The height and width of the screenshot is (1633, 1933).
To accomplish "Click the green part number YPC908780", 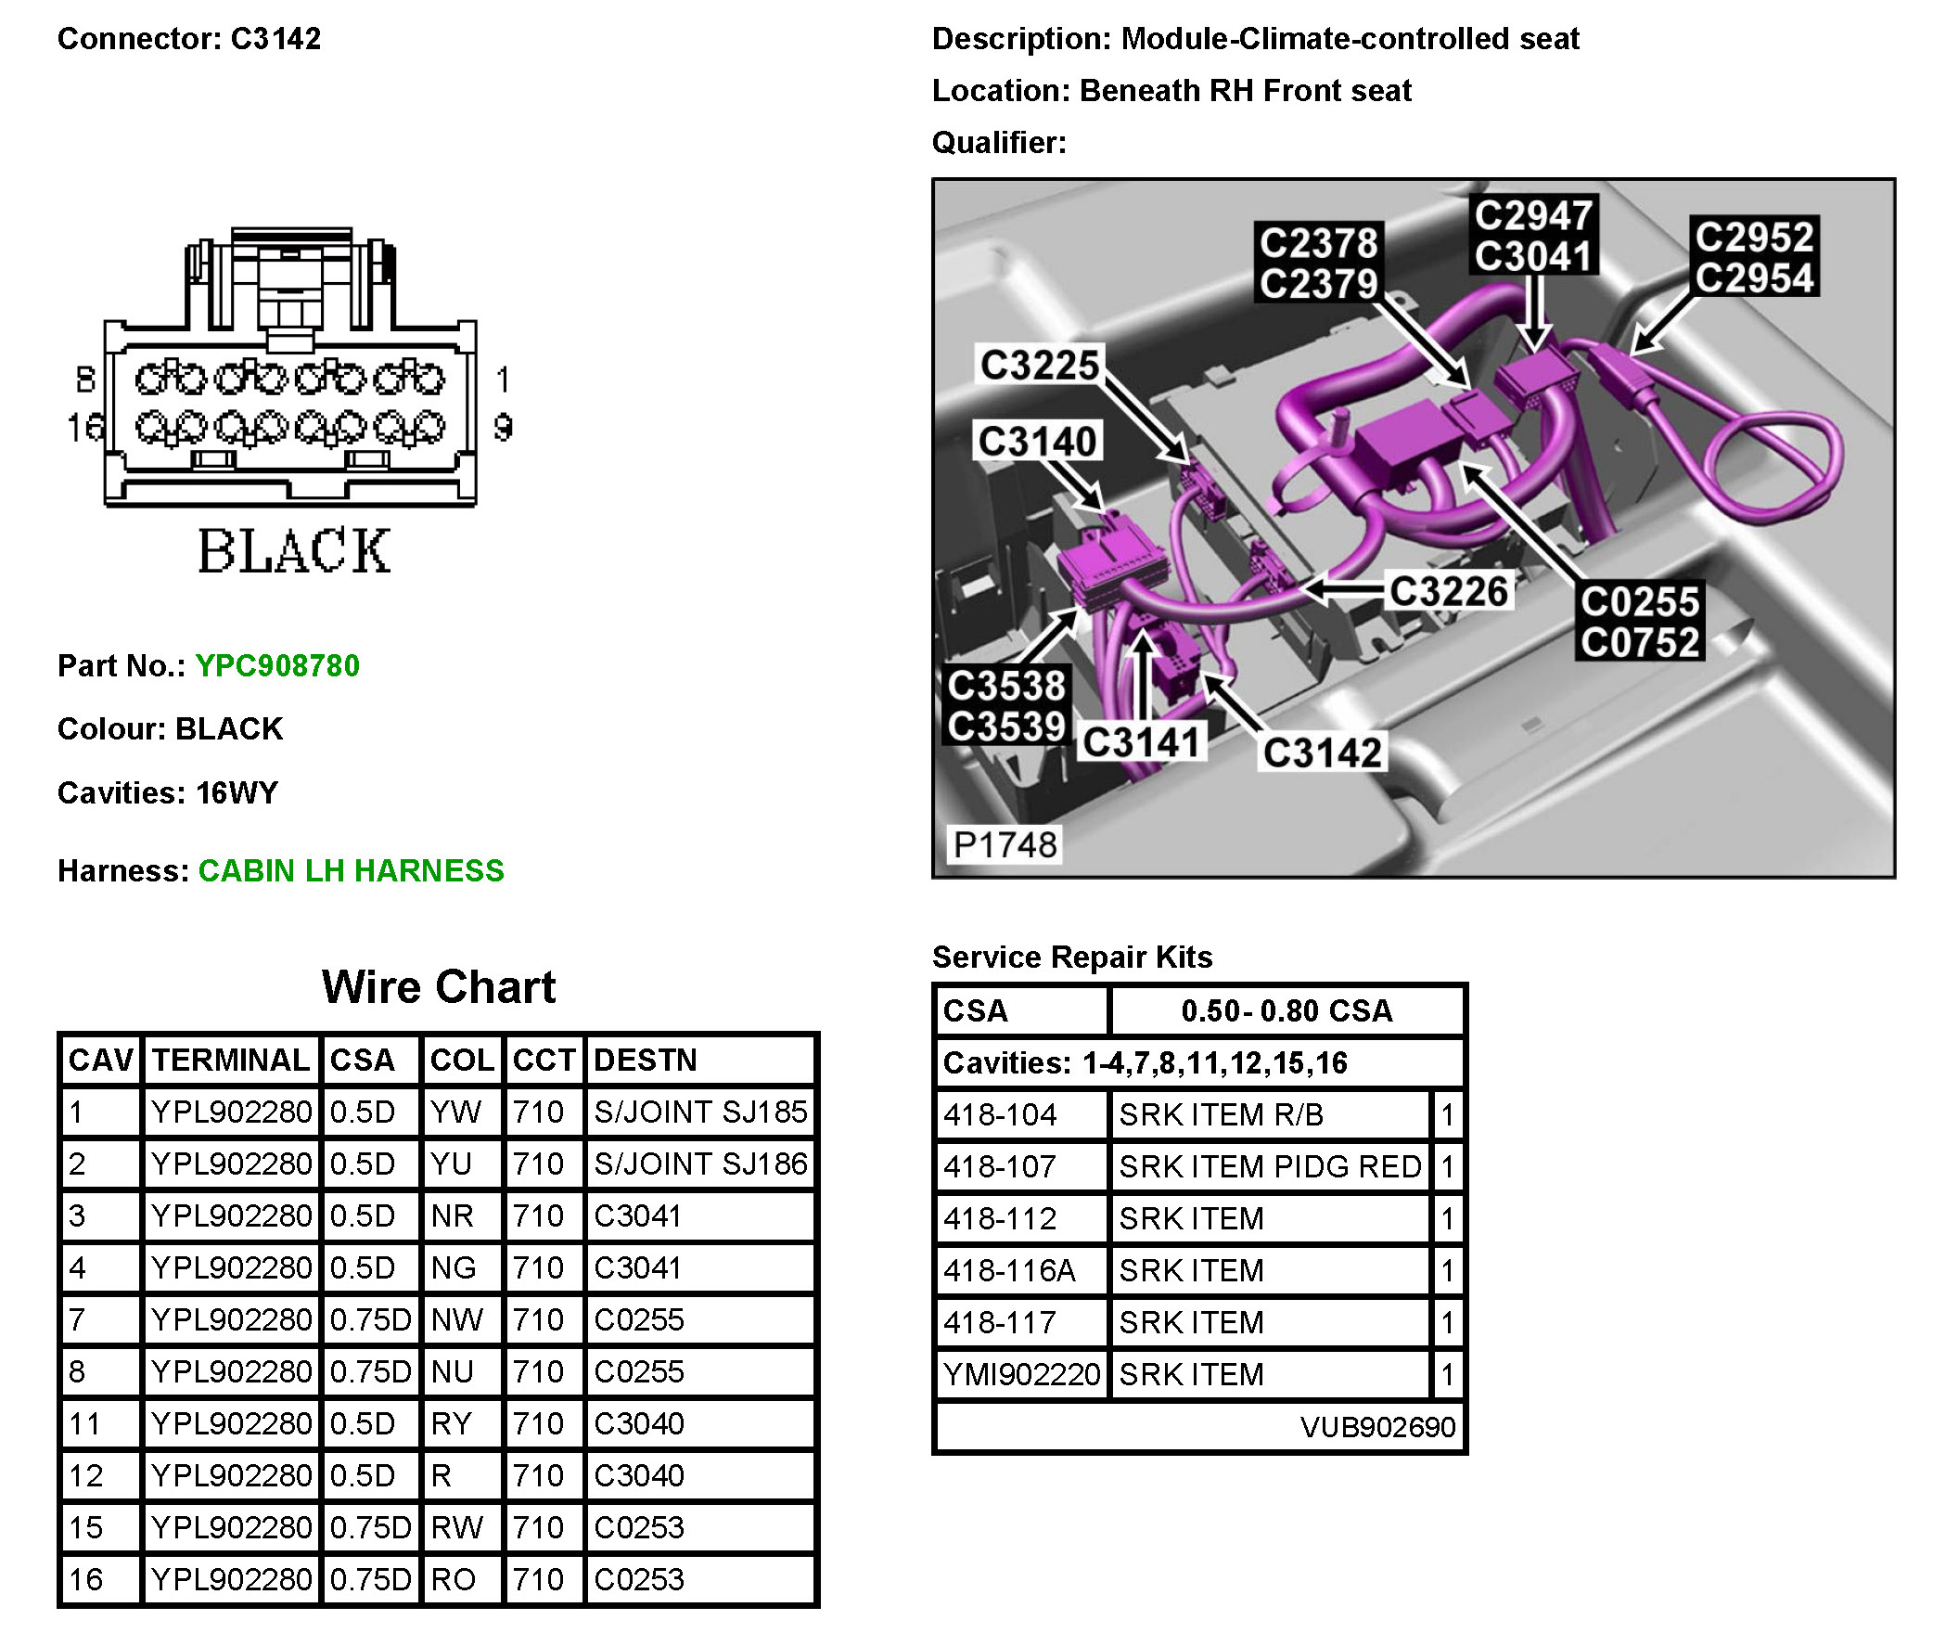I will [x=277, y=665].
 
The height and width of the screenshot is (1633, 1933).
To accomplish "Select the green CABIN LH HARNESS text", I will [x=351, y=870].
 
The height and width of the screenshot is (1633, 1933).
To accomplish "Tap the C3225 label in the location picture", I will [x=1039, y=365].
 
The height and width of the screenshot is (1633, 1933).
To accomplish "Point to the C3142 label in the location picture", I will [x=1322, y=752].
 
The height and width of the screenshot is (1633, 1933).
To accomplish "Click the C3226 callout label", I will [x=1449, y=590].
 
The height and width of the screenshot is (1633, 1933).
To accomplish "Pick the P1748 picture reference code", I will [x=1005, y=844].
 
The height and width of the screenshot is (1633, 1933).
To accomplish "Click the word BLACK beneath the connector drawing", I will [x=294, y=551].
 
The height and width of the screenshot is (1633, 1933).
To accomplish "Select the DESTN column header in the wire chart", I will [x=646, y=1060].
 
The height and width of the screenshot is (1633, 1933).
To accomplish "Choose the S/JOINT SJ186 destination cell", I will [x=700, y=1164].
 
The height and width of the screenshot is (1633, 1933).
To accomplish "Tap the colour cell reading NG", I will [x=454, y=1267].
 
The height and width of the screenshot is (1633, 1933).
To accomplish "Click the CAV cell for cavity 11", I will [x=85, y=1423].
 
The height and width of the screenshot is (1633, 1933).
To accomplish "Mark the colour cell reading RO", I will [x=454, y=1579].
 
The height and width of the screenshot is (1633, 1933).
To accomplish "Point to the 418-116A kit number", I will [x=1009, y=1270].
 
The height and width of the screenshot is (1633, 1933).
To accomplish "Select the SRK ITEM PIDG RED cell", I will [x=1270, y=1166].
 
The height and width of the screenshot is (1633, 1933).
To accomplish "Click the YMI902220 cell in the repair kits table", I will [x=1021, y=1374].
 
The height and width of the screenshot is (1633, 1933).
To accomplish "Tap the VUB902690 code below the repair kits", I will [x=1377, y=1426].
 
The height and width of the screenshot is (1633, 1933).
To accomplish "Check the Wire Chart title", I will [x=439, y=986].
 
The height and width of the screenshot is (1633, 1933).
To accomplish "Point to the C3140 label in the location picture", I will [x=1037, y=441].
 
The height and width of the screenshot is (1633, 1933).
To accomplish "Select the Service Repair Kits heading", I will [x=1072, y=957].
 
